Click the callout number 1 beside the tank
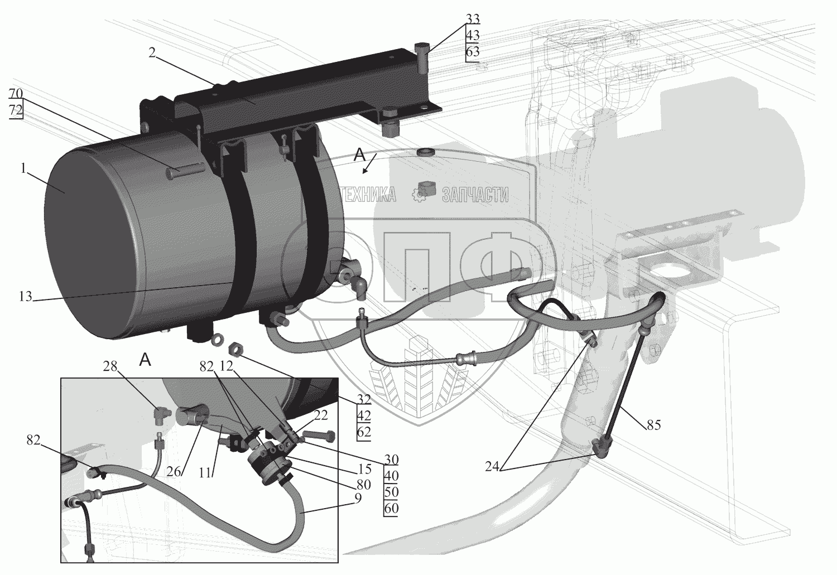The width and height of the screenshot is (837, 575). point(23,168)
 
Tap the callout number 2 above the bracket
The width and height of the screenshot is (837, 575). point(151,54)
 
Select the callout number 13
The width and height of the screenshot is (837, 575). point(25,296)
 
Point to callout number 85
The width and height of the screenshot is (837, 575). point(653,425)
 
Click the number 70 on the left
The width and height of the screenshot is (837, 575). point(16,92)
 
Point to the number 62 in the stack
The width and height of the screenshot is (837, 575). point(363,432)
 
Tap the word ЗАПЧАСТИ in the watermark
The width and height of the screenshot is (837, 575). point(475,194)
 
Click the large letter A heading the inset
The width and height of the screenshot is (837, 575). point(145,360)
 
